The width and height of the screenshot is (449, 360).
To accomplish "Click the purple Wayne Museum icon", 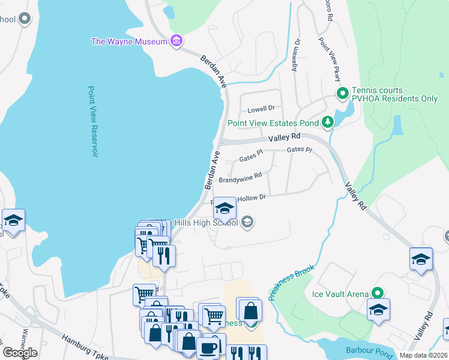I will [176, 41].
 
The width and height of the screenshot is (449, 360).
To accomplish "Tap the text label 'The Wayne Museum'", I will [129, 41].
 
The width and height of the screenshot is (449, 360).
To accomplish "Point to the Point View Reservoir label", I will [92, 121].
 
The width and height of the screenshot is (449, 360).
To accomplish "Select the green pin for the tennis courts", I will [342, 94].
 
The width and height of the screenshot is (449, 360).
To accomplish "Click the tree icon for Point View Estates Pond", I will [327, 123].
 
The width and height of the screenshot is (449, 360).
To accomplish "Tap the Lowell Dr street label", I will [261, 109].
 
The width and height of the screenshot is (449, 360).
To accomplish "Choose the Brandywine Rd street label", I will [240, 178].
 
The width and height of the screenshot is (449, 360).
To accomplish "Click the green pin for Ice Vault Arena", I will [377, 293].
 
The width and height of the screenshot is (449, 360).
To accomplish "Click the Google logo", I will [19, 352].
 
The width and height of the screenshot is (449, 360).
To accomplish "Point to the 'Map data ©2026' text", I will [423, 355].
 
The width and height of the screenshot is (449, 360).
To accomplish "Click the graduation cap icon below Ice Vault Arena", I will [378, 310].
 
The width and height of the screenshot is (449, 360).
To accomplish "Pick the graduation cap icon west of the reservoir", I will [13, 221].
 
